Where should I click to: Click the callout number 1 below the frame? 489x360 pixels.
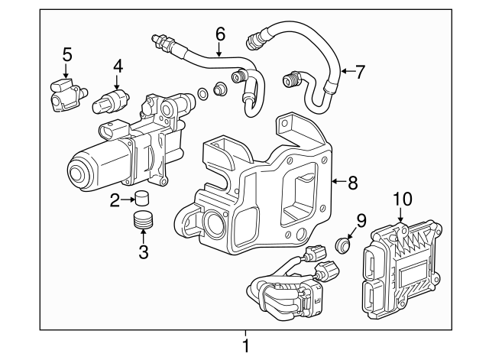pyautogui.click(x=245, y=346)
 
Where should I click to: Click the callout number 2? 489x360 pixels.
pyautogui.click(x=115, y=201)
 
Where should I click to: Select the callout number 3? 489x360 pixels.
pyautogui.click(x=143, y=251)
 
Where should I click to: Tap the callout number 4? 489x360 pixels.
pyautogui.click(x=118, y=66)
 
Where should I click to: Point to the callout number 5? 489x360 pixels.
pyautogui.click(x=67, y=54)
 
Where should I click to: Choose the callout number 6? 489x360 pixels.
pyautogui.click(x=220, y=34)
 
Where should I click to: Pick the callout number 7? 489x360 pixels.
pyautogui.click(x=360, y=72)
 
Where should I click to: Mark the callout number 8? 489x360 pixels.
pyautogui.click(x=352, y=183)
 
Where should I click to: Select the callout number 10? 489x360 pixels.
pyautogui.click(x=402, y=200)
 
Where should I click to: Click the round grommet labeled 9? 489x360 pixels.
pyautogui.click(x=344, y=246)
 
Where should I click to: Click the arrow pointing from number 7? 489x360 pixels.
pyautogui.click(x=344, y=72)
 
